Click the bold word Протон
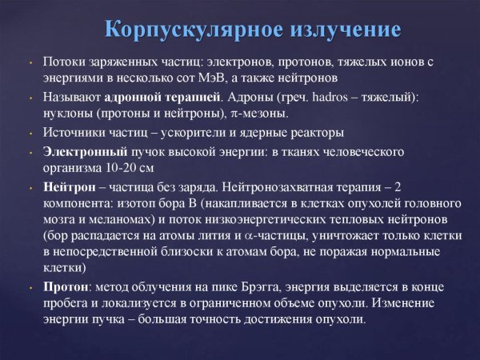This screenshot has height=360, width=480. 64,286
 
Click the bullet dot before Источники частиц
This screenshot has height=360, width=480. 30,134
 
